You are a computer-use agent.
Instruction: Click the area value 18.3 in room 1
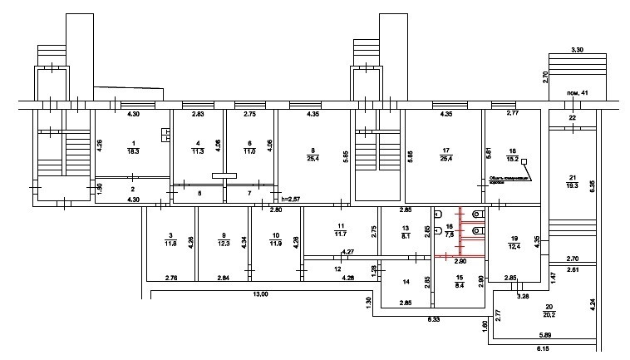133,151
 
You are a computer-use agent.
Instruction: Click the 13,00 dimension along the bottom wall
260,293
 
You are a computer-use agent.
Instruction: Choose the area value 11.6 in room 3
170,244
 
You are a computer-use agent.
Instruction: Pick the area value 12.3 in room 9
224,244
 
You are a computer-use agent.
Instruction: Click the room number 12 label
337,269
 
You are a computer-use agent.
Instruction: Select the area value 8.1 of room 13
406,236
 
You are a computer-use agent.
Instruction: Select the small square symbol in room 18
524,163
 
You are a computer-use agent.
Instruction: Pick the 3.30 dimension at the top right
577,50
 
